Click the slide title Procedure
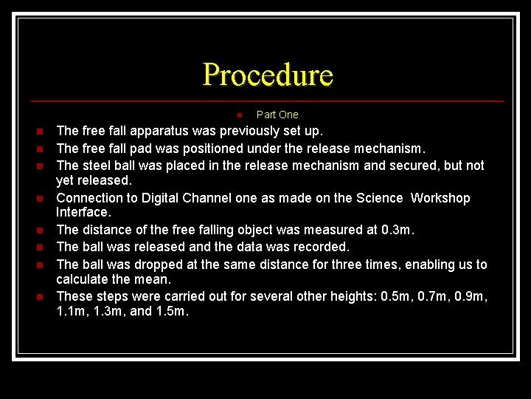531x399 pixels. (x=268, y=75)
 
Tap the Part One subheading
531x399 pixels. (x=277, y=115)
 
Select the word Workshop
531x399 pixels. (x=440, y=198)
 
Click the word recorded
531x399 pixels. (x=316, y=247)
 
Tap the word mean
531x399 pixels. (x=153, y=279)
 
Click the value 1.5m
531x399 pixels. (x=172, y=312)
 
